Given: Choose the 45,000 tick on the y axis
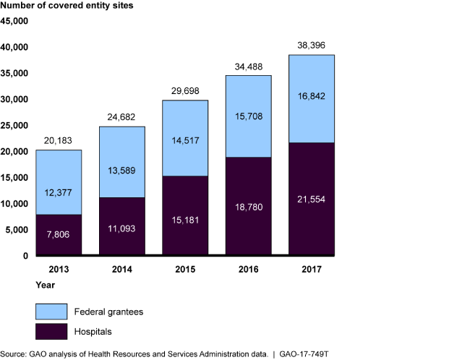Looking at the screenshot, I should tap(15, 21).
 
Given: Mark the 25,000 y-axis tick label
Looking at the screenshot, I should tap(15, 125).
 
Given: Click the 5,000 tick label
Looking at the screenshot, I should tap(17, 229).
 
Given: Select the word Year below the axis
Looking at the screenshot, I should tap(10, 284).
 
